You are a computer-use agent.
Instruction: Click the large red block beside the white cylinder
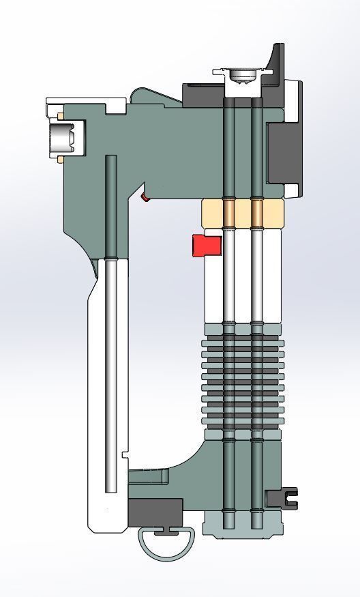207,245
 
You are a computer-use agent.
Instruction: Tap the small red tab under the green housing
145,197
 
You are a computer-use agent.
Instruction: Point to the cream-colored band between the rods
242,213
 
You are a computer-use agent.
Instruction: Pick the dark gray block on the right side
282,154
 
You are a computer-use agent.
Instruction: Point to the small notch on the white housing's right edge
125,454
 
